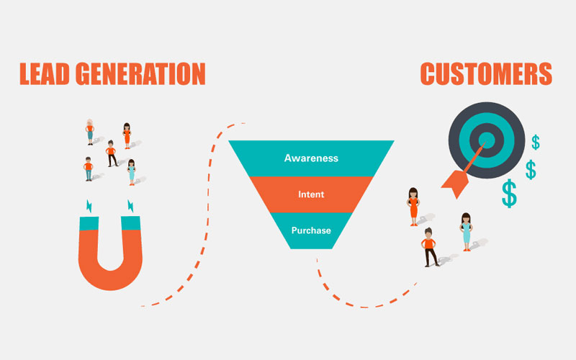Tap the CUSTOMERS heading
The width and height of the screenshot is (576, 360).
tap(486, 73)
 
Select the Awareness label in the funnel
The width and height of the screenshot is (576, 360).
tap(311, 158)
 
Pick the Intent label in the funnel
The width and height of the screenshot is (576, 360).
tap(311, 194)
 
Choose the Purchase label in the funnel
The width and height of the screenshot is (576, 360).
tap(311, 230)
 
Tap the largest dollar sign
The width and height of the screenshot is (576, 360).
tap(509, 194)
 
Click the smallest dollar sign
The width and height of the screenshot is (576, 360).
tap(535, 143)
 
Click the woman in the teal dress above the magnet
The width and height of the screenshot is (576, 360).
tap(132, 172)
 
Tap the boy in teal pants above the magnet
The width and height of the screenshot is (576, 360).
tap(89, 168)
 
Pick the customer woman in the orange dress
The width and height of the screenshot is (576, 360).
tap(413, 205)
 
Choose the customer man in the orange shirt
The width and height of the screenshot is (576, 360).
tap(431, 246)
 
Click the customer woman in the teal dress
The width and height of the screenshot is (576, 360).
tap(465, 230)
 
